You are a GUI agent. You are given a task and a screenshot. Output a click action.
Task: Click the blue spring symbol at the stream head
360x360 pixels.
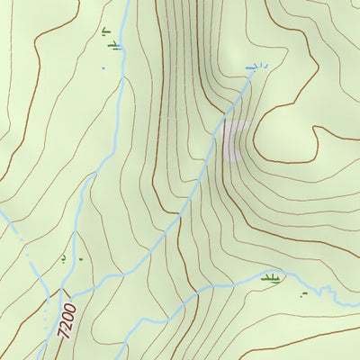point(256,67)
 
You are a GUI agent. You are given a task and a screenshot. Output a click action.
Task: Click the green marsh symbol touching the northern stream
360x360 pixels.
point(113,44)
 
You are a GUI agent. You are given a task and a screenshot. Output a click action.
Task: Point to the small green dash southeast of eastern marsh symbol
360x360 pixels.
point(304,294)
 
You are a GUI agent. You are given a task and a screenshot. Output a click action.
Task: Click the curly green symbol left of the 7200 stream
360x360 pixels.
point(63,259)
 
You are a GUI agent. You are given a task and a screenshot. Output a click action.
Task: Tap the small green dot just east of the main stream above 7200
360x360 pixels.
point(80,260)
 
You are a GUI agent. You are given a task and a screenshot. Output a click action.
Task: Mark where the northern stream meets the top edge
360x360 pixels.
point(127,1)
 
